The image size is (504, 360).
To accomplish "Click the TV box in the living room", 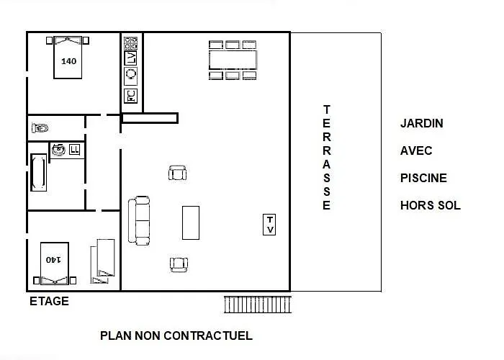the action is pos(269,225).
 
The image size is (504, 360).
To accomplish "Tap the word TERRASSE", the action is pos(327,158).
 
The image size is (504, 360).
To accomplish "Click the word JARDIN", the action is pos(422,123).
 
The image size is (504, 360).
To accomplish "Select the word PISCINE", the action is pos(423,178).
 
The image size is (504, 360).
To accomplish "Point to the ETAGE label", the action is pos(49,301).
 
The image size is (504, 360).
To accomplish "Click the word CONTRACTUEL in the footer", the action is pos(208,336).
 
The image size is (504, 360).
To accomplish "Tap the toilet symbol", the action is pos(40,128).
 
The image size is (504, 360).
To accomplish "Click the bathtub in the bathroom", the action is pos(39,173).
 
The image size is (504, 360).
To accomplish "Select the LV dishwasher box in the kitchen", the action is pos(130,58).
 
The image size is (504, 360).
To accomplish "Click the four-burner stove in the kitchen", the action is pos(130,43).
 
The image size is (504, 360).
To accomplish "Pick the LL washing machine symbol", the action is pos(75,150).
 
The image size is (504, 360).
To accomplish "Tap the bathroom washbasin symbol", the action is pos(58,150).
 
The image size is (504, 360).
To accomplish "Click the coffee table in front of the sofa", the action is pos(191,222).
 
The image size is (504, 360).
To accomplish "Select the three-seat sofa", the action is pos(139,220).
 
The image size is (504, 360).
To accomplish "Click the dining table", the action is pos(233,60).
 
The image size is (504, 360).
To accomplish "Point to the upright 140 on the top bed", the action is pos(69,61).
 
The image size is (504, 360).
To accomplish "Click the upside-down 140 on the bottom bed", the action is pos(53,259).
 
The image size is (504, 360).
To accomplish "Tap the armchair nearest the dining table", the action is pos(177,173).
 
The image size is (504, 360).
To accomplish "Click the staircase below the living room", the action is pos(258,305).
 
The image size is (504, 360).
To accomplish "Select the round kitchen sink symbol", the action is pos(131,74).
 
